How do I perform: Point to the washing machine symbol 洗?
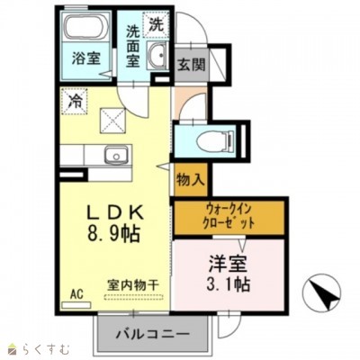tap(156, 22)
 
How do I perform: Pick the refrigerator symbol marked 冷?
tap(75, 102)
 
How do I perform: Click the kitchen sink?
tap(115, 157)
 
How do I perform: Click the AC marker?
tap(76, 293)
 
